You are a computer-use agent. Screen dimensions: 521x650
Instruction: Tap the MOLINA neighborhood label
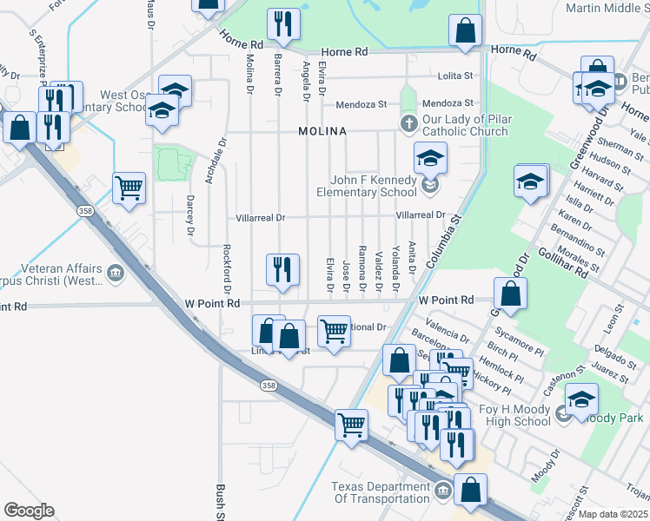click(322, 131)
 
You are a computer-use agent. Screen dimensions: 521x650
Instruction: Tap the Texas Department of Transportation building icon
click(442, 492)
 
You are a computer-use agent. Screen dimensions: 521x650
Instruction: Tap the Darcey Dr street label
click(190, 216)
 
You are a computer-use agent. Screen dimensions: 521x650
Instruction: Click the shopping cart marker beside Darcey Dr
click(129, 187)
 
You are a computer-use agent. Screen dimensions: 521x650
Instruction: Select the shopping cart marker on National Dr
click(335, 331)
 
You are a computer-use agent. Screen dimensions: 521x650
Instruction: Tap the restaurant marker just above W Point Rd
click(282, 269)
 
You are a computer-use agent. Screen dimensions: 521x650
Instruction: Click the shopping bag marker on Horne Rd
click(466, 30)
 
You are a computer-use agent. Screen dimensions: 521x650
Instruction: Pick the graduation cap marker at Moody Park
click(581, 399)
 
